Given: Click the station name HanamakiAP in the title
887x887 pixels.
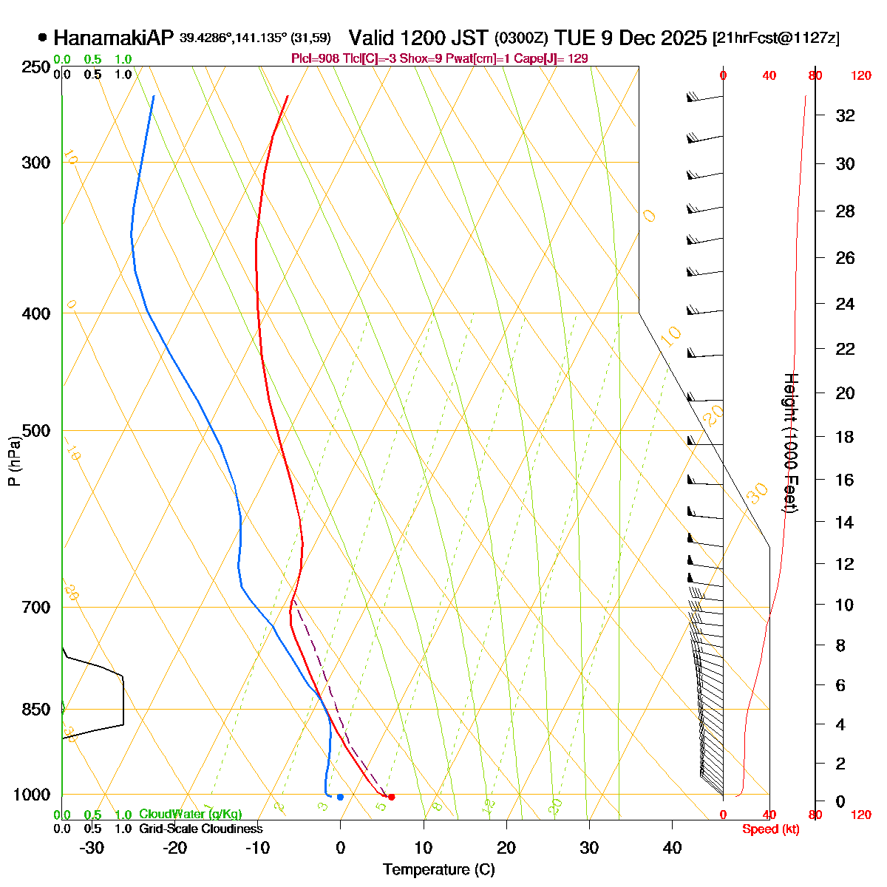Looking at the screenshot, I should (114, 38).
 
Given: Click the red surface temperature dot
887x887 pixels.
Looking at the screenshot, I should (391, 797).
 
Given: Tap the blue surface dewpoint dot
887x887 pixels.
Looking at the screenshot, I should (340, 797).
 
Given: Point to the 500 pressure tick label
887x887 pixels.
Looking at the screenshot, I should (36, 430).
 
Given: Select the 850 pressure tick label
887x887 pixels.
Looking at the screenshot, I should (36, 709).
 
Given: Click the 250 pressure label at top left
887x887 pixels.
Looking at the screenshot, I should (36, 67).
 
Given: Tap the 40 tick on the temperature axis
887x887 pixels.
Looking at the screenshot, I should (672, 848).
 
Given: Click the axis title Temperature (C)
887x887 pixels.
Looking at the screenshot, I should (439, 870).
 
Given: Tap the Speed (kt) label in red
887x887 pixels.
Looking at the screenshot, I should (770, 829).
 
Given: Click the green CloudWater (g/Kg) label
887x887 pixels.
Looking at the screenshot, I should (190, 814).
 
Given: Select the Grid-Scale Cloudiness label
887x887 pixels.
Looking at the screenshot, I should (200, 829).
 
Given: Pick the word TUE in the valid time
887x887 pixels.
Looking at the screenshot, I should (573, 38).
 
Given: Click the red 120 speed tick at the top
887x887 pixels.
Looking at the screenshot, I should (860, 75).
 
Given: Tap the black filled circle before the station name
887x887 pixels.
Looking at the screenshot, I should (42, 38).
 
